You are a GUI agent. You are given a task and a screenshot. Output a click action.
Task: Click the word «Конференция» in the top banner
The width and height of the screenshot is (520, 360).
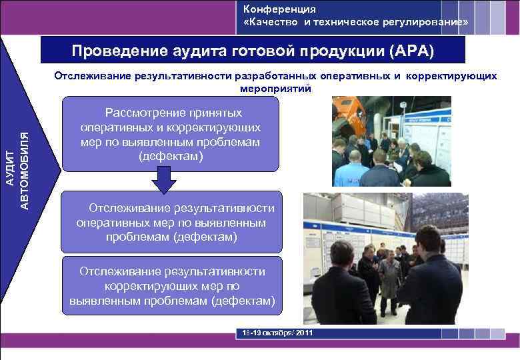point(279,9)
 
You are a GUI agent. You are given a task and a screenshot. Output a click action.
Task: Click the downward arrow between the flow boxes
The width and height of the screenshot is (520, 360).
point(163,179)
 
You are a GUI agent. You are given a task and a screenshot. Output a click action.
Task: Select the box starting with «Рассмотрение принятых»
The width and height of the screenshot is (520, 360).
point(170,133)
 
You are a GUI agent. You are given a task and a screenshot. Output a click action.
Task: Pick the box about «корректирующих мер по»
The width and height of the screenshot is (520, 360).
point(171,286)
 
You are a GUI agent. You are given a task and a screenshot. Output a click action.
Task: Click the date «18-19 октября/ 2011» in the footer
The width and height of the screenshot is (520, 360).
point(274,333)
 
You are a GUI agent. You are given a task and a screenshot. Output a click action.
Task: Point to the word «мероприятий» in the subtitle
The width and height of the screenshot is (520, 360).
point(274,88)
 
